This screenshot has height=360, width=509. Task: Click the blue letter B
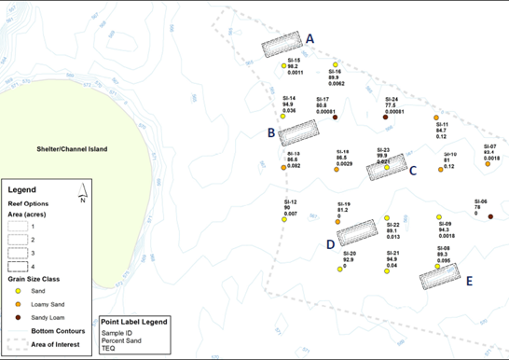click(270, 133)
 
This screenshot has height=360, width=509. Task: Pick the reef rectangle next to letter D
click(356, 232)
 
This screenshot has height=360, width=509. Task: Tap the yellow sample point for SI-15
click(283, 67)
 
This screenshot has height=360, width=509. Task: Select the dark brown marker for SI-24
click(385, 118)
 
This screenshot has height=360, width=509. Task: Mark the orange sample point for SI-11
click(436, 118)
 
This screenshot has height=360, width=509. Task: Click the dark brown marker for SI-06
click(490, 216)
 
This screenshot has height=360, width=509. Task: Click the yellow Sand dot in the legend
click(20, 291)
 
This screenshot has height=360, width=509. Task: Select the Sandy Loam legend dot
click(20, 318)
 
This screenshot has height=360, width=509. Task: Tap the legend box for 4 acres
click(19, 266)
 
